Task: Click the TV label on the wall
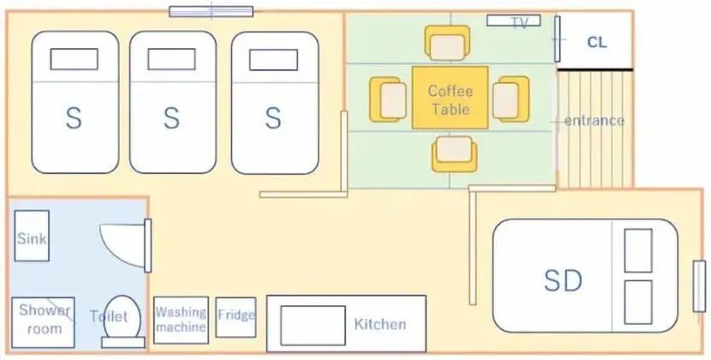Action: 520,22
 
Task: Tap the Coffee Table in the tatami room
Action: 451,98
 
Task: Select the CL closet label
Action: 597,42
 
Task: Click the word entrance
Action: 594,121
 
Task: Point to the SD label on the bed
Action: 563,280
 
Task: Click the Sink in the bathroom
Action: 32,236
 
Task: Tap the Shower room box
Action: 43,323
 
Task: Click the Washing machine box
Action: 181,320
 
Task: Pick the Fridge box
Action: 236,317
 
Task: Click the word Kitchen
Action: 380,324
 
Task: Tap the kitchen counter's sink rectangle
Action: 313,326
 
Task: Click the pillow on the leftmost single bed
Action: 75,59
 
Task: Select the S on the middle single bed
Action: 171,118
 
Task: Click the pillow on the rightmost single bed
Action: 273,60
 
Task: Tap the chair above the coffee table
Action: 447,43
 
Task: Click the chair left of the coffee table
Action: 388,99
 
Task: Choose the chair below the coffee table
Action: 454,154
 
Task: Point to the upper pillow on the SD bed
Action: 638,250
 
